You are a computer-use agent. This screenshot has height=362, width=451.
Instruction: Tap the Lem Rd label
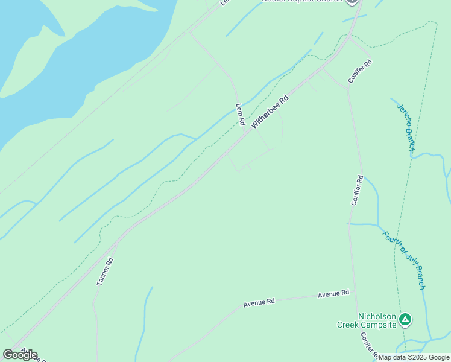pos(240,114)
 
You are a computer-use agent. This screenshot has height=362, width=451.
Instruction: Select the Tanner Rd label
pos(105,271)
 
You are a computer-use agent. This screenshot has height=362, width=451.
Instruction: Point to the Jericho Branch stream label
pos(406,127)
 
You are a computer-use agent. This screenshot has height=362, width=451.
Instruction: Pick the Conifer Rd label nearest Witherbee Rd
pos(360,71)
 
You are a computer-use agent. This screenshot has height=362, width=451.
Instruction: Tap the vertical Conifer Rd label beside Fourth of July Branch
pos(357,191)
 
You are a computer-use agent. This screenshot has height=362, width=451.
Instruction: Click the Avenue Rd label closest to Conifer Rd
pos(333,293)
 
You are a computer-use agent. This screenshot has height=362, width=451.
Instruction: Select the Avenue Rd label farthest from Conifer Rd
pos(259,302)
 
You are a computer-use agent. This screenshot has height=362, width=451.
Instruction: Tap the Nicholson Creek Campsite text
pos(377,320)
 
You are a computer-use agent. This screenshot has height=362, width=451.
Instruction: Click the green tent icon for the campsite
pos(406,319)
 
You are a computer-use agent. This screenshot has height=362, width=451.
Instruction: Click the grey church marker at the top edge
pos(353,2)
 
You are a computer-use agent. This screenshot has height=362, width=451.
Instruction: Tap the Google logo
pos(20,354)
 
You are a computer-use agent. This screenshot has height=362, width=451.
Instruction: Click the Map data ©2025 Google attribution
pos(414,357)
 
